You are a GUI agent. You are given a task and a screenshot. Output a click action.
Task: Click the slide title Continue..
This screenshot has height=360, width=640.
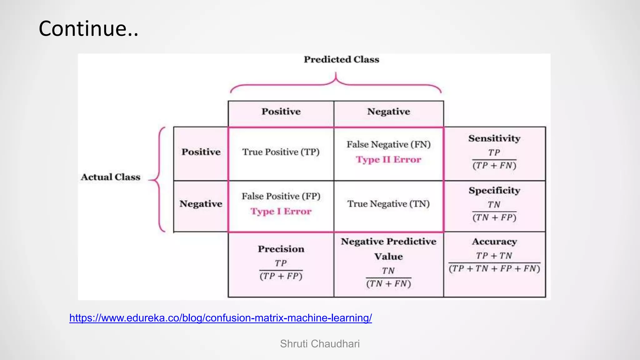click(x=88, y=28)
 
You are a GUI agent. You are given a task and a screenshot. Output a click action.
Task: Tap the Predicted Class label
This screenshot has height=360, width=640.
click(x=341, y=59)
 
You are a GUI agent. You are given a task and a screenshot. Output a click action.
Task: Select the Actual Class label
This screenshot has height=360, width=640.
click(x=111, y=177)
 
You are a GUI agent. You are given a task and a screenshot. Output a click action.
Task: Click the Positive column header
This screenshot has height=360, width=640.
click(x=281, y=112)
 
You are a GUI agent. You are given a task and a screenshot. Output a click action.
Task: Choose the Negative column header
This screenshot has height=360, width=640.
click(x=388, y=112)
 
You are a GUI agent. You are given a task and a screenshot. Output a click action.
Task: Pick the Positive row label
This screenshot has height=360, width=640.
click(x=201, y=152)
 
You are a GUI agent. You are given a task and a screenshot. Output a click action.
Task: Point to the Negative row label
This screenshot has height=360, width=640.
click(x=201, y=204)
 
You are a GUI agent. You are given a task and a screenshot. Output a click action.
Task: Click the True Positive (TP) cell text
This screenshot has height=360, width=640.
click(x=281, y=152)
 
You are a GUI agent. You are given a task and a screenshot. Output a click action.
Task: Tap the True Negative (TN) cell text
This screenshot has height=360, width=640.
click(x=388, y=204)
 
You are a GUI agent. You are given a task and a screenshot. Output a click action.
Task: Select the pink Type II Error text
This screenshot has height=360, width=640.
click(x=388, y=160)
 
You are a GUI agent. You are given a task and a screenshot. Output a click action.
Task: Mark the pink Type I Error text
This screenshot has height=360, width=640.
click(x=281, y=212)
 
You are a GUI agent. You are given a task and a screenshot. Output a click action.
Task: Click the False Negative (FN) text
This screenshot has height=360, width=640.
click(x=388, y=144)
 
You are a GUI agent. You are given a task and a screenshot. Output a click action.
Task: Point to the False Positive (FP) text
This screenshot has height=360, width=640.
click(x=281, y=196)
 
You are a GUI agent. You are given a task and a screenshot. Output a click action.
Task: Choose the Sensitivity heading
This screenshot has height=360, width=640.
click(x=494, y=138)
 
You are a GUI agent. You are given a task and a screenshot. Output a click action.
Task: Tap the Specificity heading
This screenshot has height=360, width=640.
click(x=494, y=190)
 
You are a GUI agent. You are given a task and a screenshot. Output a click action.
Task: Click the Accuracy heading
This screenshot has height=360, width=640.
click(x=494, y=242)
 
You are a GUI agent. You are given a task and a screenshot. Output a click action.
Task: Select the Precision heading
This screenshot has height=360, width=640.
click(x=281, y=249)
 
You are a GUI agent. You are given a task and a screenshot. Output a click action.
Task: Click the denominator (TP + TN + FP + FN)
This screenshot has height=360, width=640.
click(x=494, y=269)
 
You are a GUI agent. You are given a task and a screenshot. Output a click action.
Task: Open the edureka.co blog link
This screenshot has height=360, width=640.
click(x=221, y=318)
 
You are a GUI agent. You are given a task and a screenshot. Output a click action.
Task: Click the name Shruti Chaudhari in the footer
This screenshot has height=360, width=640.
click(x=320, y=344)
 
